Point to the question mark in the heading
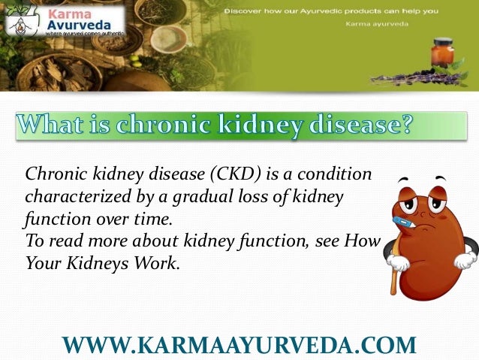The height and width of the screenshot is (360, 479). click(405, 123)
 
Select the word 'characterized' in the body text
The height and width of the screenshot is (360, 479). click(72, 198)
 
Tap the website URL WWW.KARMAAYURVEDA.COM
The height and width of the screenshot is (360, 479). click(239, 344)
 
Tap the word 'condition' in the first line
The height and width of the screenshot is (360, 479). click(338, 175)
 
